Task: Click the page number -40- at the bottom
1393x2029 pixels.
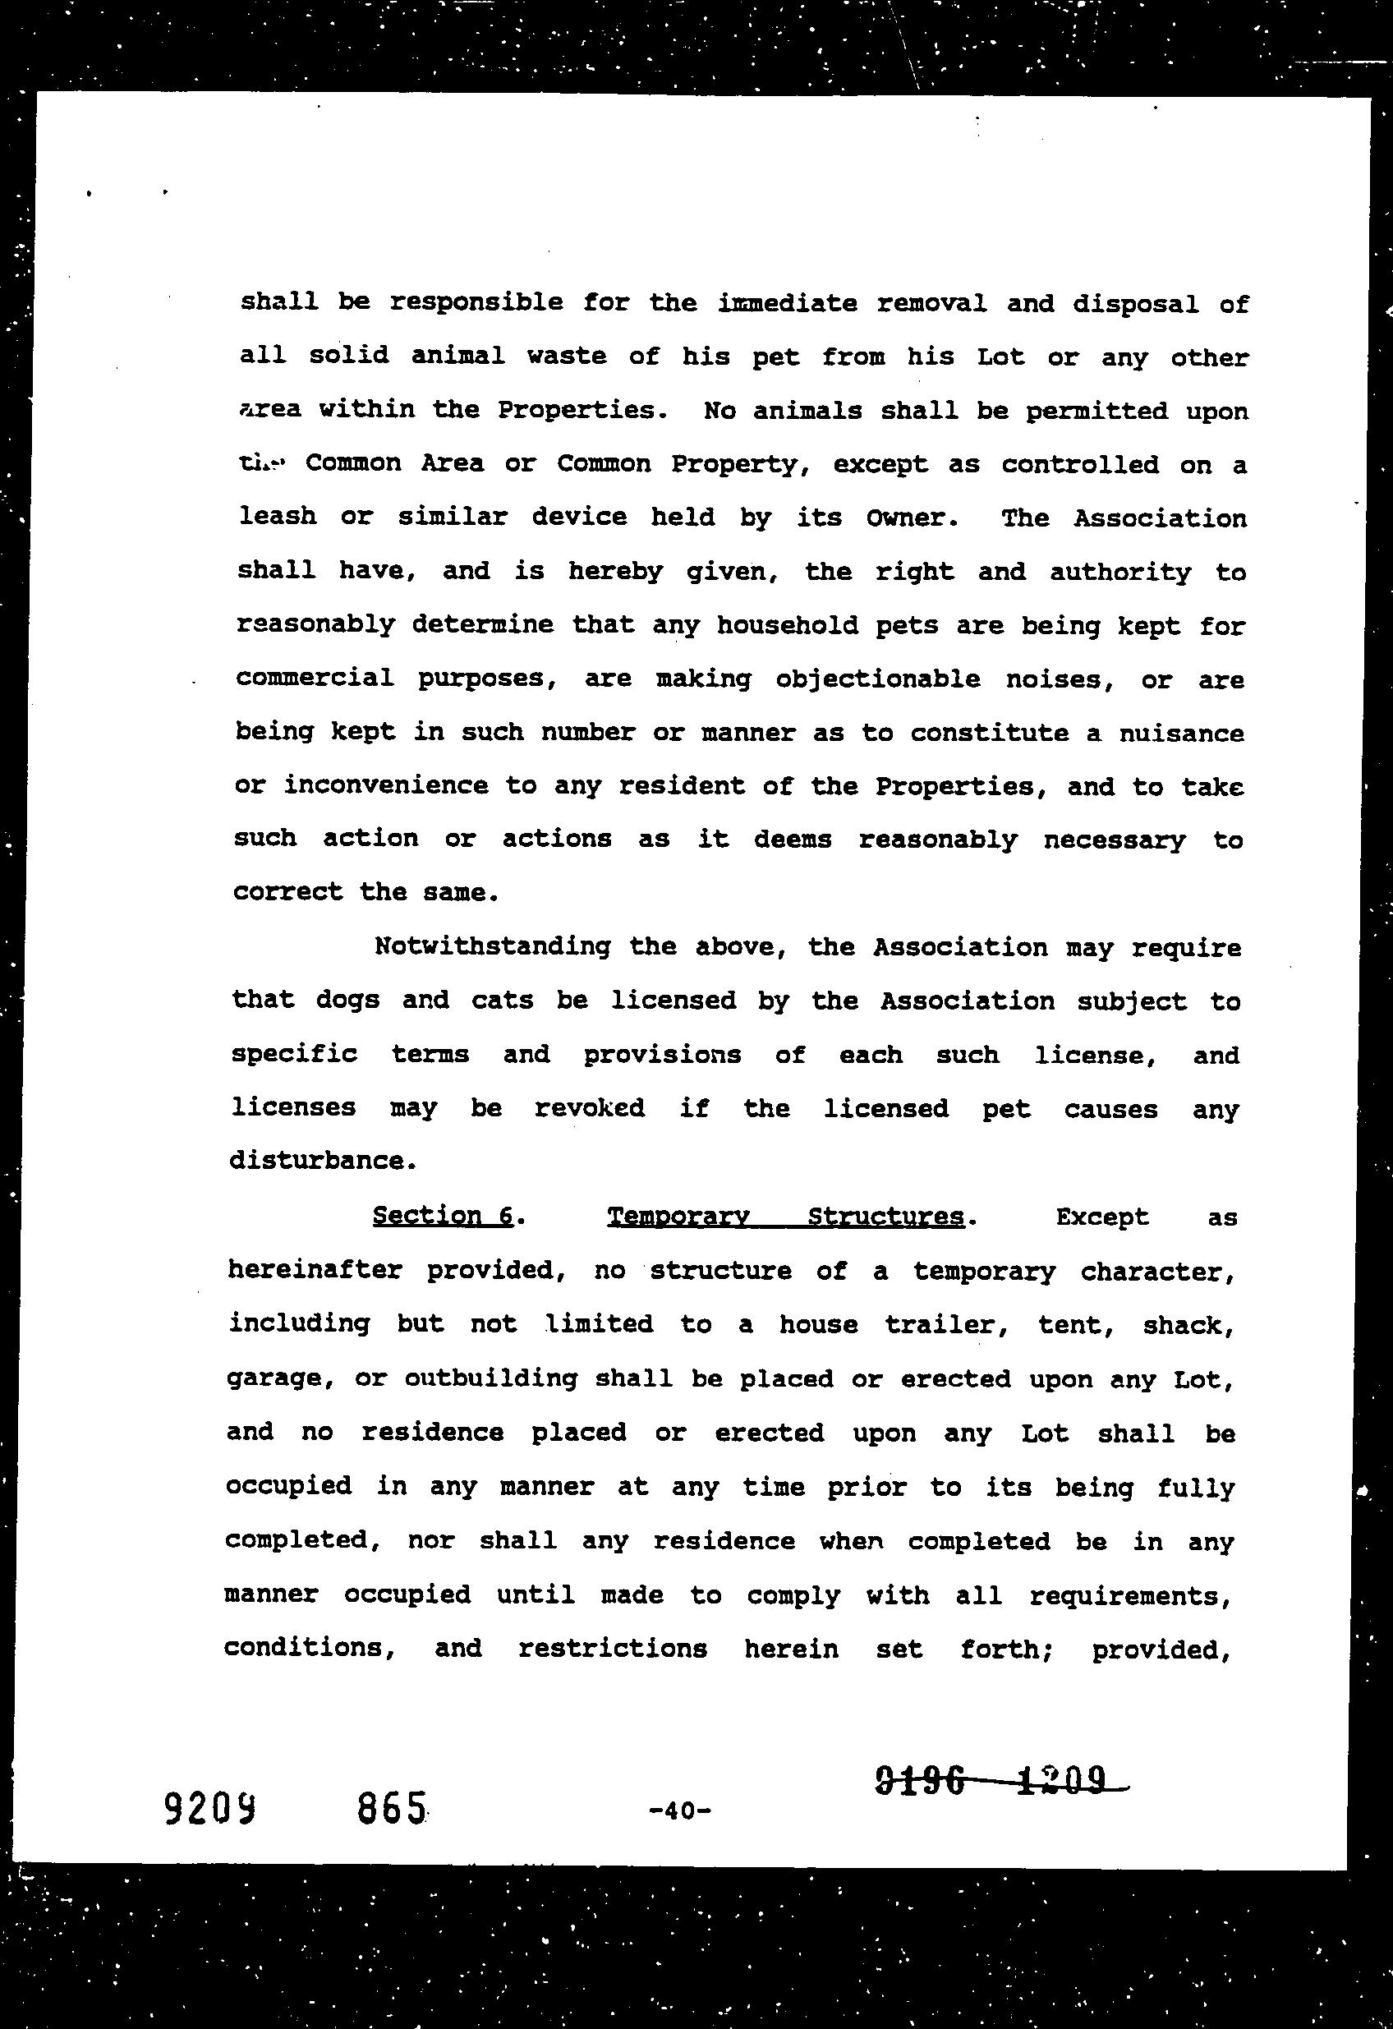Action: coord(680,1810)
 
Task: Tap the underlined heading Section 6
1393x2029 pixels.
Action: coord(443,1215)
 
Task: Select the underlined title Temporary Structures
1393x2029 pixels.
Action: coord(785,1217)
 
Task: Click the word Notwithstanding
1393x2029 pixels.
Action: coord(492,946)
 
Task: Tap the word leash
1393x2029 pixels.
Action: coord(278,516)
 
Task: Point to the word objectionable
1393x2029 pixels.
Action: coord(877,679)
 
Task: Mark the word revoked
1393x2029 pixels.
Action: coord(589,1108)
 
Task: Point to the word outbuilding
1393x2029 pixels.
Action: coord(490,1378)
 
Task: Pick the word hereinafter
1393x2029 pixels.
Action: coord(315,1270)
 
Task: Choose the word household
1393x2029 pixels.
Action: coord(788,625)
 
